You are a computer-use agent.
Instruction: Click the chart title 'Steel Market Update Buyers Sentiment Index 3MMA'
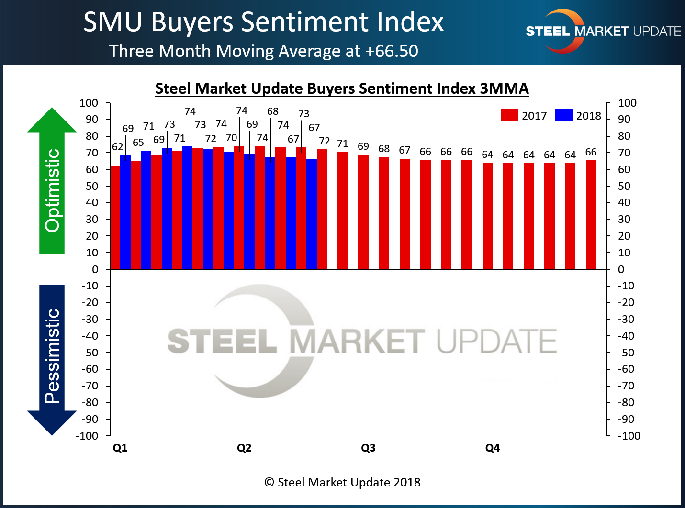coord(342,88)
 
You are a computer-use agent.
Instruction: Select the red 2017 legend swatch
coord(509,115)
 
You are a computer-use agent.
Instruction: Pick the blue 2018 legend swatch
coord(563,115)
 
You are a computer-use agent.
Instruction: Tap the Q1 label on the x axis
coord(120,448)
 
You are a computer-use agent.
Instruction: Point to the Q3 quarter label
coord(368,448)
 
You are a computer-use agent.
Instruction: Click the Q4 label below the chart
coord(492,448)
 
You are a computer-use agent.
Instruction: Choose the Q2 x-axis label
coord(244,448)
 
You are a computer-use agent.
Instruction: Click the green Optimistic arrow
coord(52,182)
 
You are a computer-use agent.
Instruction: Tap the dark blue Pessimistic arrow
coord(52,359)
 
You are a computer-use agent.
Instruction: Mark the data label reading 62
coord(117,147)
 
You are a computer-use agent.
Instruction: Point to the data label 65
coord(138,143)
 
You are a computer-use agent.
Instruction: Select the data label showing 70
coord(231,138)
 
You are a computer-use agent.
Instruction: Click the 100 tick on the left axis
coord(89,103)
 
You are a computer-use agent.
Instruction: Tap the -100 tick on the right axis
coord(629,436)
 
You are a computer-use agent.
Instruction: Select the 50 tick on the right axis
coord(624,186)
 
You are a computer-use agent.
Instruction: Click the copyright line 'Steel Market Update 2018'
coord(343,482)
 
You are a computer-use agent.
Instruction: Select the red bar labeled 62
coord(115,218)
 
